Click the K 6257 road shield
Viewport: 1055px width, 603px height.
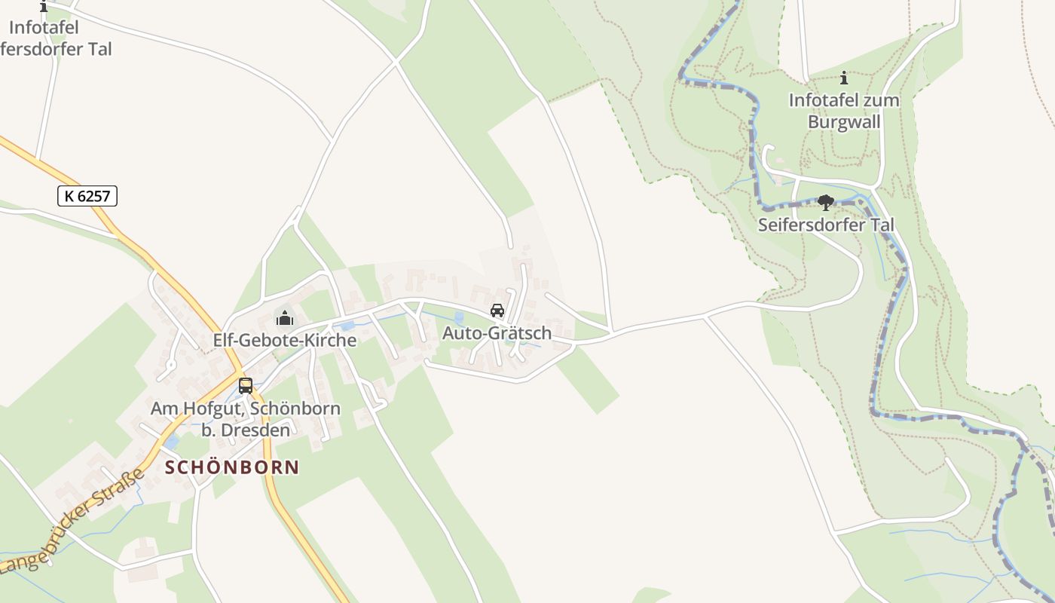(x=87, y=196)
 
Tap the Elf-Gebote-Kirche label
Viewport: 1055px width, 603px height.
(x=284, y=340)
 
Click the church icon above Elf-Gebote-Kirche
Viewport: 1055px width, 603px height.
(x=285, y=318)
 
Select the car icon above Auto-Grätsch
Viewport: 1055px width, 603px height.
(x=497, y=311)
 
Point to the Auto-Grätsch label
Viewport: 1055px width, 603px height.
(x=497, y=332)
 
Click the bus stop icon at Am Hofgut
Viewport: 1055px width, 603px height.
(x=246, y=386)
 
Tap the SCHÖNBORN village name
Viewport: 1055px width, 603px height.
(x=232, y=467)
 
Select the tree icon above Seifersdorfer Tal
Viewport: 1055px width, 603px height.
(x=826, y=202)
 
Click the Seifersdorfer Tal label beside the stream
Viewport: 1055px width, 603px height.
(x=826, y=225)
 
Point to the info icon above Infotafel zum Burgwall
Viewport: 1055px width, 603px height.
(x=844, y=78)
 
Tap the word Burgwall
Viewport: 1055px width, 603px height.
(x=844, y=121)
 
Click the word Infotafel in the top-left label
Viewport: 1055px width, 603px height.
(x=44, y=28)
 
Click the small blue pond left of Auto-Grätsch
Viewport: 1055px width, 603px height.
(x=459, y=318)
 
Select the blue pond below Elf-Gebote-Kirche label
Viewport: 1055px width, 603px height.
(x=347, y=326)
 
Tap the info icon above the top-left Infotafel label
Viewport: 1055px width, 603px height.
(x=43, y=7)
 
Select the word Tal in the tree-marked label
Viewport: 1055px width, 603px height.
(x=880, y=225)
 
